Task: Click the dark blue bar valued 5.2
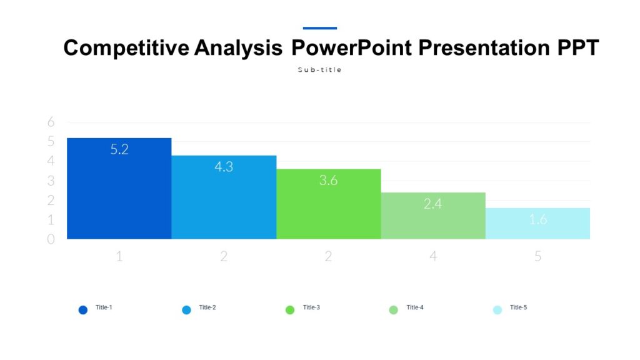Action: (119, 194)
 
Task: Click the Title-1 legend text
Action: (104, 307)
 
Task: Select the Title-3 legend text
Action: (311, 307)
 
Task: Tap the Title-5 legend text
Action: (518, 307)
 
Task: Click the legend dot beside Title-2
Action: (186, 310)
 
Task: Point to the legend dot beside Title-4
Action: (393, 310)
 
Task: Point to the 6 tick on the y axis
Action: (51, 122)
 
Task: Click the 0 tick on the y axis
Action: (51, 239)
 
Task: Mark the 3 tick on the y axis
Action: (51, 181)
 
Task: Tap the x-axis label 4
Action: (433, 256)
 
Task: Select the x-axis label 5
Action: (537, 256)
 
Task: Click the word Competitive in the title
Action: (126, 48)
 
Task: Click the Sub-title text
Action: (319, 70)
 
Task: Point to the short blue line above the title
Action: (319, 28)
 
